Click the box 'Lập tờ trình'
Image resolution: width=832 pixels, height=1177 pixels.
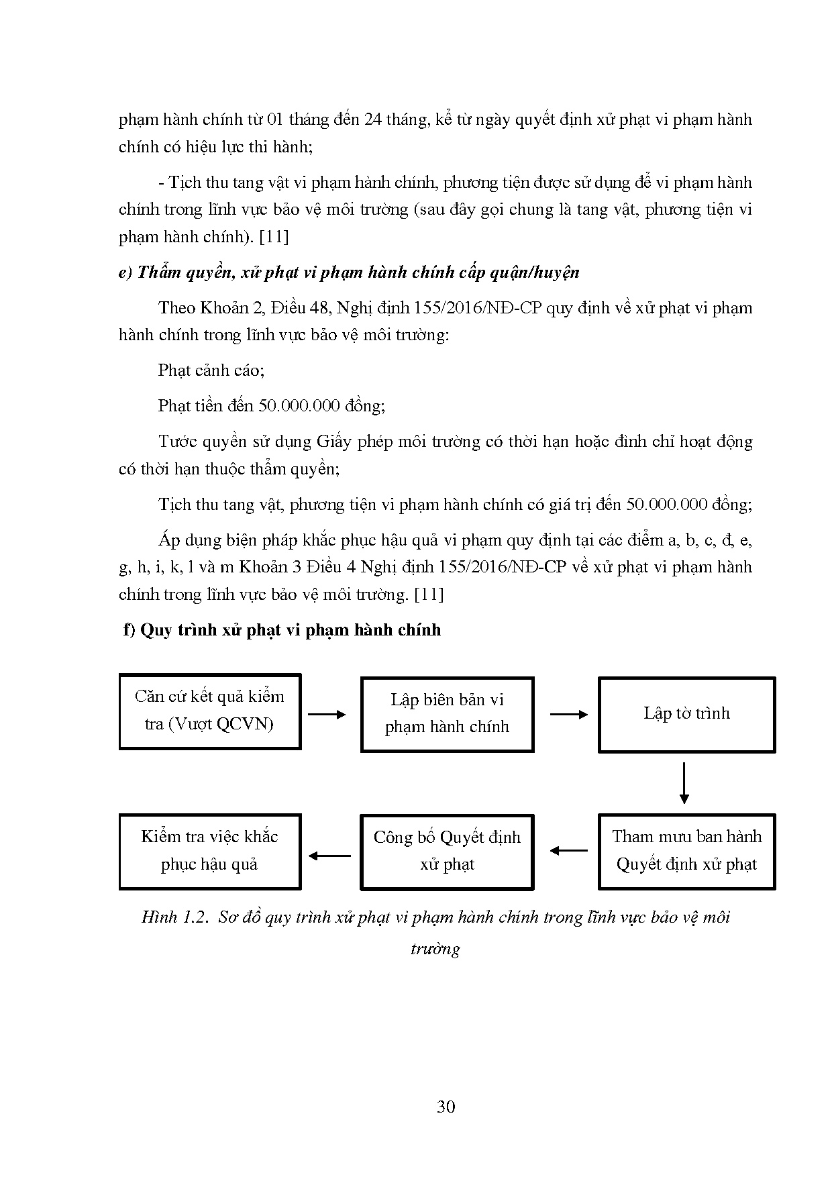click(686, 714)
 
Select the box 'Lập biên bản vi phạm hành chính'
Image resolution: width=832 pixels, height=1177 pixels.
click(447, 714)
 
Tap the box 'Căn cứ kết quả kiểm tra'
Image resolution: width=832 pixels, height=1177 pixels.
click(209, 711)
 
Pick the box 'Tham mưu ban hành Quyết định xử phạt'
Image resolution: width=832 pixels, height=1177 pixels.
click(686, 852)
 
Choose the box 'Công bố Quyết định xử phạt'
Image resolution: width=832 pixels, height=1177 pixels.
click(447, 852)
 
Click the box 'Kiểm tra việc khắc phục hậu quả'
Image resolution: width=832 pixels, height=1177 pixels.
click(209, 852)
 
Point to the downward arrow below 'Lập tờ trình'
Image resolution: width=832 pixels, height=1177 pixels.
click(684, 782)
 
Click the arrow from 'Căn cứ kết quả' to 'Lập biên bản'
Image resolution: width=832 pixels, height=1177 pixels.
click(327, 715)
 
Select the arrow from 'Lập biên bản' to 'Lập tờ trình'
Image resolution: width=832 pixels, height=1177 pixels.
click(568, 715)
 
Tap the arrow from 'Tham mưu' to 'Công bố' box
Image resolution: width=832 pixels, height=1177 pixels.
click(568, 851)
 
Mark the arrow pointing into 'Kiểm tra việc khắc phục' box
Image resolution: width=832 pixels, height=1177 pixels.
click(329, 856)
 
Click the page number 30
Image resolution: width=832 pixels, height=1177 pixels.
click(446, 1107)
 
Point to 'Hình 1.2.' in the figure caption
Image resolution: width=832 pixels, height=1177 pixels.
click(177, 917)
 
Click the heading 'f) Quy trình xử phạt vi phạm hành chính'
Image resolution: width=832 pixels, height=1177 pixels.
click(282, 630)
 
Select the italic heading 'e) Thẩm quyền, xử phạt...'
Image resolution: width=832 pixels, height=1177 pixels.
click(349, 272)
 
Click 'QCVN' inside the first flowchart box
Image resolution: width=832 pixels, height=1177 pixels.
click(246, 725)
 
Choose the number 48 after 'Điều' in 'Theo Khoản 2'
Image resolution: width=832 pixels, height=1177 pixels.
click(317, 308)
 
